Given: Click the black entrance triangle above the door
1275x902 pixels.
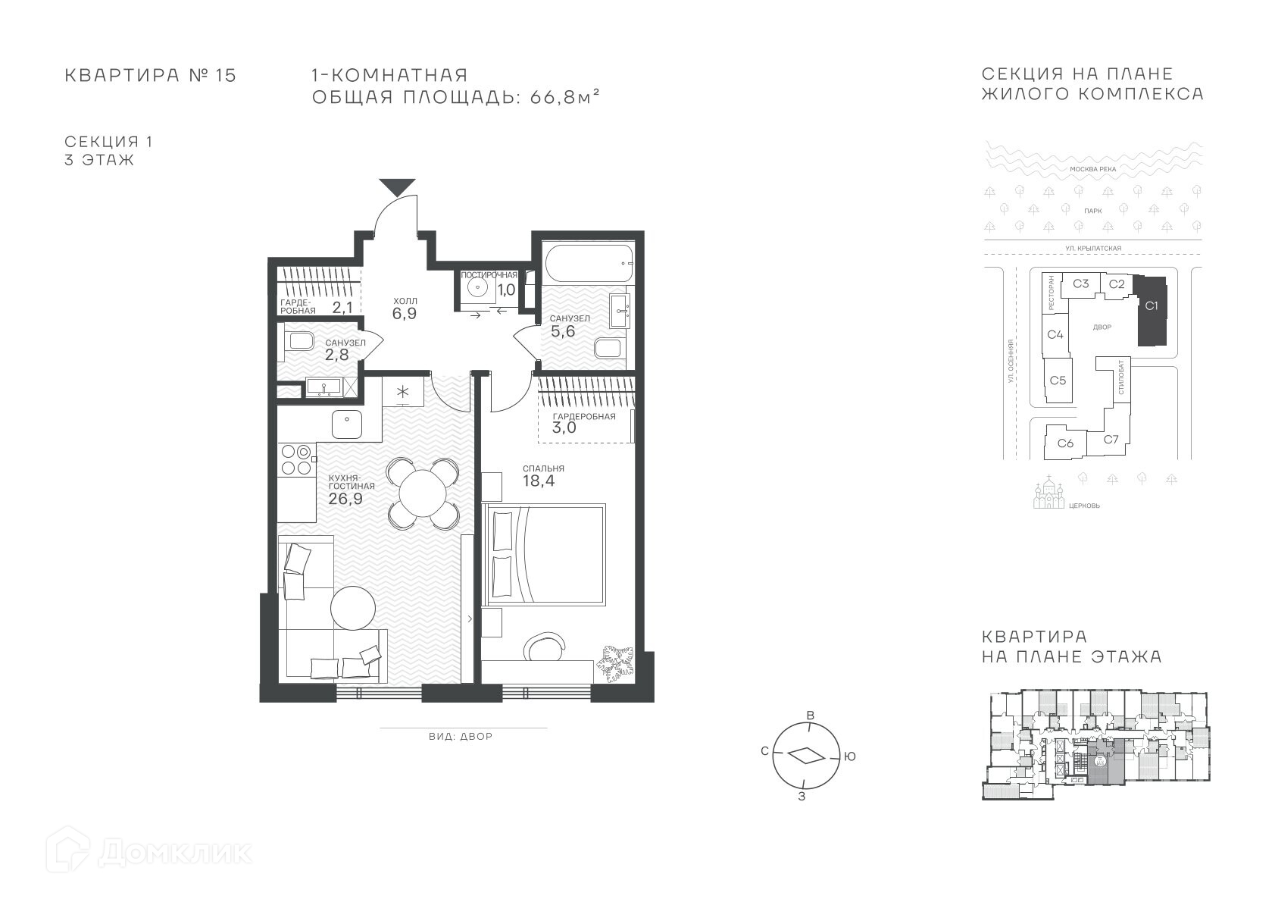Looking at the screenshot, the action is pyautogui.click(x=397, y=186).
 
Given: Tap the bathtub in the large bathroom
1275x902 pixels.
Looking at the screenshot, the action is pyautogui.click(x=589, y=264).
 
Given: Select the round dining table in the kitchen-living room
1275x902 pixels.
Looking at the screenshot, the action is pyautogui.click(x=423, y=493).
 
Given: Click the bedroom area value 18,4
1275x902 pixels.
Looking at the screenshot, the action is pyautogui.click(x=539, y=481).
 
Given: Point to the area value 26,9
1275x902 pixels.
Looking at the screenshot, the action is pyautogui.click(x=345, y=499).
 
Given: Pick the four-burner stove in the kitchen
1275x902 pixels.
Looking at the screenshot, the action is pyautogui.click(x=297, y=459).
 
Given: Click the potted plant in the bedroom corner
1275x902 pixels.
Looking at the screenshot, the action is pyautogui.click(x=614, y=662).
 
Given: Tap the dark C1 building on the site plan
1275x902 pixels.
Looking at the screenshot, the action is pyautogui.click(x=1152, y=310).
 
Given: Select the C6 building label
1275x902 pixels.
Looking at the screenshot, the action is pyautogui.click(x=1065, y=443).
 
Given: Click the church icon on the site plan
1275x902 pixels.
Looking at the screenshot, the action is pyautogui.click(x=1048, y=493).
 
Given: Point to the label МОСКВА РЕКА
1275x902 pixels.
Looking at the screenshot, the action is pyautogui.click(x=1093, y=169).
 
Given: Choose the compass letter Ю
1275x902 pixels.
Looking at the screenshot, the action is pyautogui.click(x=849, y=756).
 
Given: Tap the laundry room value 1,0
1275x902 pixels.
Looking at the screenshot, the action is pyautogui.click(x=506, y=290).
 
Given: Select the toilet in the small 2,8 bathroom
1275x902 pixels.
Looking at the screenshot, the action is pyautogui.click(x=301, y=342).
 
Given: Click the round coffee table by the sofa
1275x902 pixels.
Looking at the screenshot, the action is pyautogui.click(x=353, y=608).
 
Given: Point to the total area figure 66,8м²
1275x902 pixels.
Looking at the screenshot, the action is pyautogui.click(x=564, y=97).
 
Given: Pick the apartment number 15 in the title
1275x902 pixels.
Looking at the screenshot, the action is pyautogui.click(x=226, y=75).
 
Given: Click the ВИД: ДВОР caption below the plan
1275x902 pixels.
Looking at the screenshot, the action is pyautogui.click(x=461, y=736).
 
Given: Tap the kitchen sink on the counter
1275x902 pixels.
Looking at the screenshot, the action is pyautogui.click(x=347, y=424).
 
